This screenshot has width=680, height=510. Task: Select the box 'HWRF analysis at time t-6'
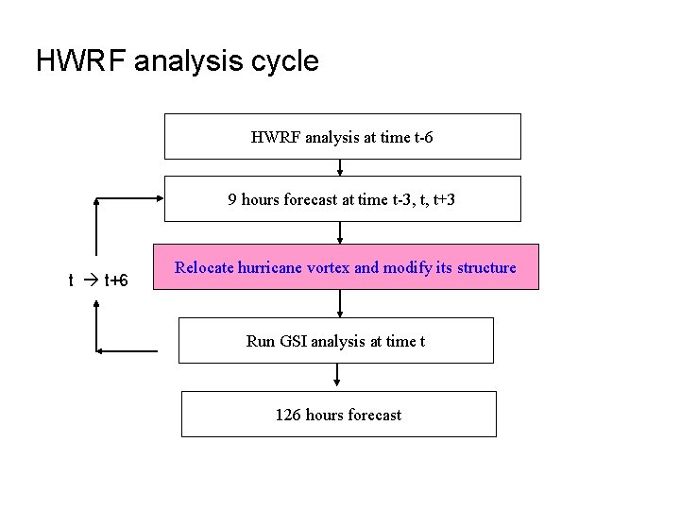343,136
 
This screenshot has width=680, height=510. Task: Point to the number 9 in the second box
232,199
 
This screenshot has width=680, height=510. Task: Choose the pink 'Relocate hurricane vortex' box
346,267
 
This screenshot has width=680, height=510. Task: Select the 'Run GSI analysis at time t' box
335,341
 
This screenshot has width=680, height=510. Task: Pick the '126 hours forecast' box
338,414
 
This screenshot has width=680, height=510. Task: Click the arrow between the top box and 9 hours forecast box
339,167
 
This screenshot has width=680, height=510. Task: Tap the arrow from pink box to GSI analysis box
339,303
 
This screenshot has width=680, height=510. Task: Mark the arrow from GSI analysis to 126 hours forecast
337,378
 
